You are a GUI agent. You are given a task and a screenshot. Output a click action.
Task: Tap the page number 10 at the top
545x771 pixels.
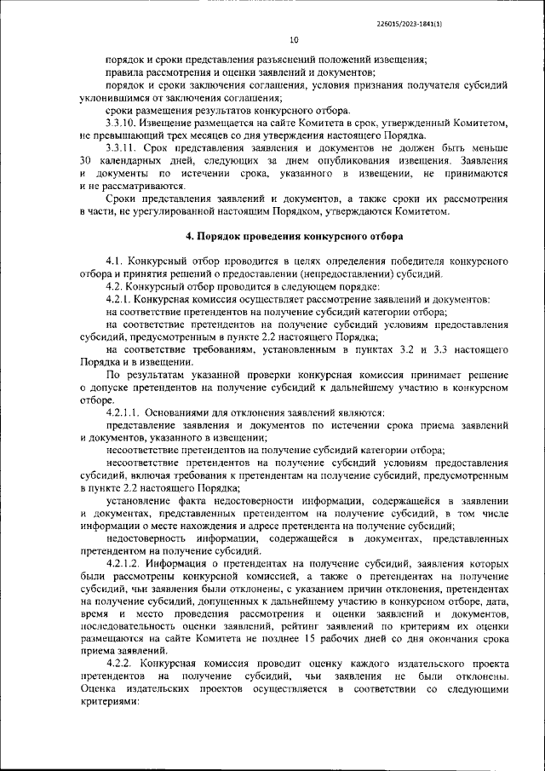(294, 39)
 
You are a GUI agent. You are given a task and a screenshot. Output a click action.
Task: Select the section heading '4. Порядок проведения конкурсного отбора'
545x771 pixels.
(295, 234)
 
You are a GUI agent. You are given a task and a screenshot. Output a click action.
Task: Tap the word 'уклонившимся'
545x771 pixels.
(116, 99)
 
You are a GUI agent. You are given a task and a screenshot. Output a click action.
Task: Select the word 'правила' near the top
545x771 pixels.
(124, 73)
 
